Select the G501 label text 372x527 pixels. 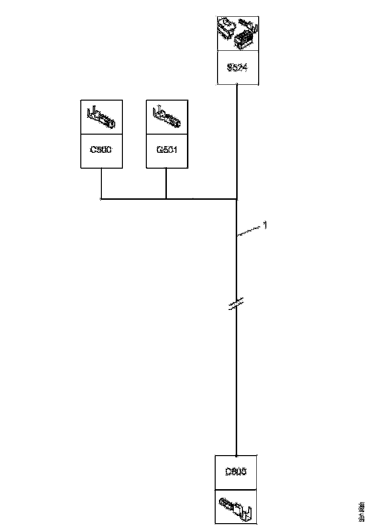[x=166, y=149]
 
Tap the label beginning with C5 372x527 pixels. [x=101, y=149]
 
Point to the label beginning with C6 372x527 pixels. [x=236, y=472]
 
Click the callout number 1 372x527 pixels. [x=265, y=225]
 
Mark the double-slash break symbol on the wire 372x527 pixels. [x=236, y=303]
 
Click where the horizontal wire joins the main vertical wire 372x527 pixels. [x=237, y=198]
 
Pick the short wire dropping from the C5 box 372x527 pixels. [x=101, y=183]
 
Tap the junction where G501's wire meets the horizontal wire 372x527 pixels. [x=166, y=198]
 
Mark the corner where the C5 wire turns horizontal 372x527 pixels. [x=101, y=198]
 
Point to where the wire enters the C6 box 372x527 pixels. [x=236, y=455]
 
